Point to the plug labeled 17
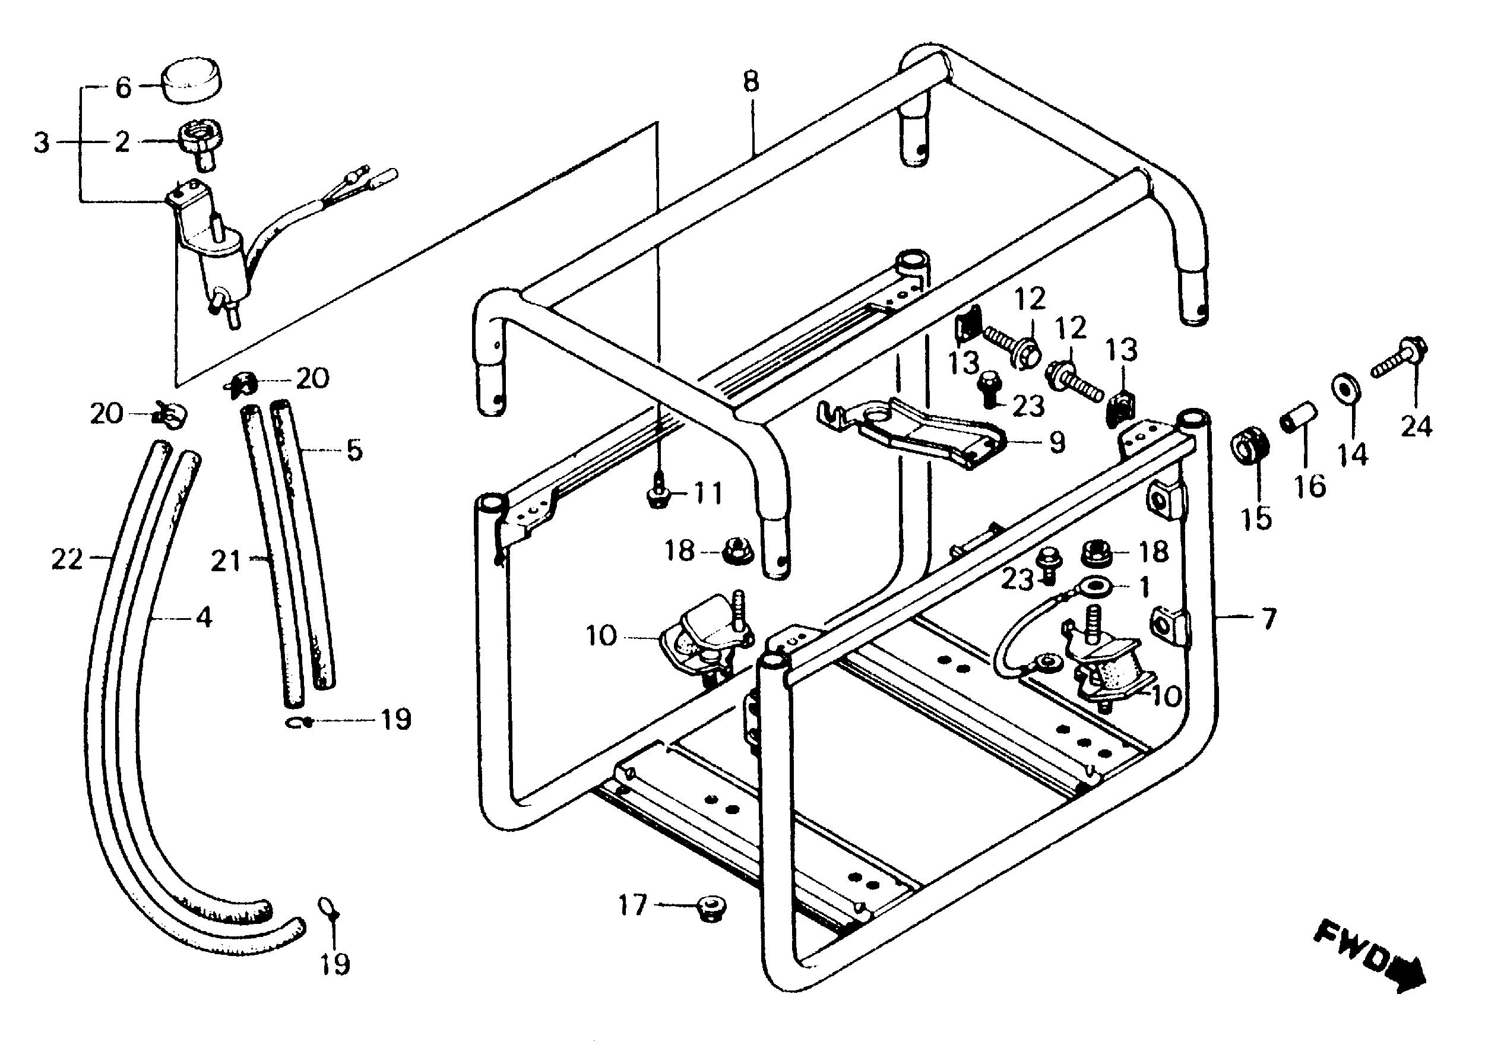pos(711,905)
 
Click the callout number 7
pos(1269,619)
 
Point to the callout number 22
pos(68,559)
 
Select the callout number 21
pos(226,561)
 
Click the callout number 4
pos(204,619)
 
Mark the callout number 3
pos(42,143)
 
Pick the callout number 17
pos(632,905)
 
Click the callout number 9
pos(1055,442)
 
